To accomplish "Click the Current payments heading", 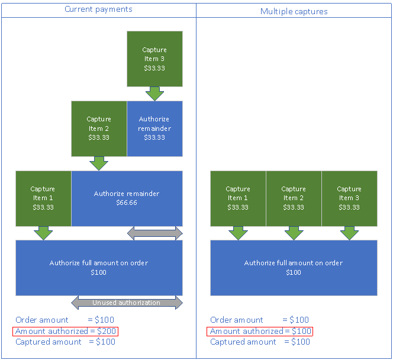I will click(x=98, y=9).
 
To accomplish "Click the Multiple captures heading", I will click(x=294, y=11).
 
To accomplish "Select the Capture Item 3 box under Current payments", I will click(x=154, y=59).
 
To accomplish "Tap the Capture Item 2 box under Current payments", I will click(x=99, y=128).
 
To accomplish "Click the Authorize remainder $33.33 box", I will click(x=154, y=128).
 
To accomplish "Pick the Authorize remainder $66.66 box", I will click(x=127, y=198).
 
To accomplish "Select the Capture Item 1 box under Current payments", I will click(x=43, y=198).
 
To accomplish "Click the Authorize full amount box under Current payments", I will click(x=99, y=267).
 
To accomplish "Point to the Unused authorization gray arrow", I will click(x=127, y=303).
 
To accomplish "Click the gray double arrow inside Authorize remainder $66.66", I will click(x=154, y=233).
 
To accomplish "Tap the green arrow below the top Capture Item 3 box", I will click(x=154, y=94).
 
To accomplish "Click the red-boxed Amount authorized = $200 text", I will click(x=65, y=331).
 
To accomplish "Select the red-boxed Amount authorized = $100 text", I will click(x=260, y=331).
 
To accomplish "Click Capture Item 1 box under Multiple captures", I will click(x=238, y=198).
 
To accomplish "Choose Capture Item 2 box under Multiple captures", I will click(x=294, y=198).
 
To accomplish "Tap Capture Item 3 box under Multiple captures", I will click(x=349, y=198).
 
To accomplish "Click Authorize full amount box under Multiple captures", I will click(x=294, y=267).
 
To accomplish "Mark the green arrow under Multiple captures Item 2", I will click(x=294, y=233).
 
